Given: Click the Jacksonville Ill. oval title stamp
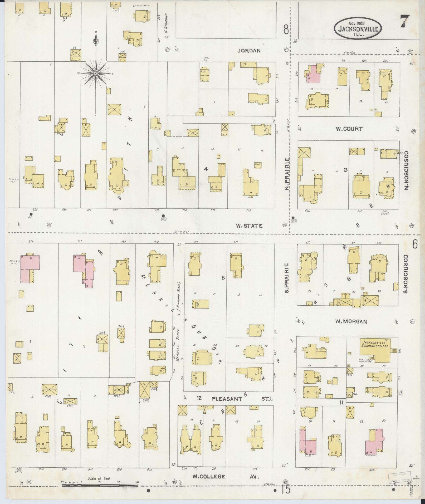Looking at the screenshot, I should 358,28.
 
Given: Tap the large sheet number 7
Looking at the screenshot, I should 405,21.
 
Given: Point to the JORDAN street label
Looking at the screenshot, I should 249,51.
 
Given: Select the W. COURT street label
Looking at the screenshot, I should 349,129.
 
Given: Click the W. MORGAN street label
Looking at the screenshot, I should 351,322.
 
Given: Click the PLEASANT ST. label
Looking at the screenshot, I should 235,399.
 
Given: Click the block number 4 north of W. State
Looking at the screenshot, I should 206,169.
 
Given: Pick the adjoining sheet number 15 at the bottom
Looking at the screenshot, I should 285,490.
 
